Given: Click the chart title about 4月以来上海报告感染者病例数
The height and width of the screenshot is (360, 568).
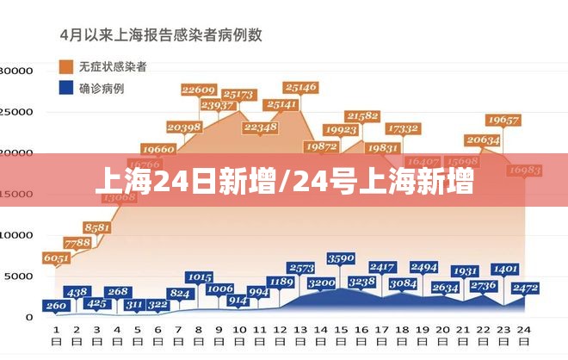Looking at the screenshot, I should pos(161,35).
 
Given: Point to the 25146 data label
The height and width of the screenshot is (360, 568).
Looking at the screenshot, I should pos(300,87).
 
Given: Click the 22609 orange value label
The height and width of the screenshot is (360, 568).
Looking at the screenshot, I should pos(199,90).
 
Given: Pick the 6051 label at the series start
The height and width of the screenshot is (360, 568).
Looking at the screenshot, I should pos(56,257).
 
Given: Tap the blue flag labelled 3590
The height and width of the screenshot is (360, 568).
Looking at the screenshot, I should pos(341,258).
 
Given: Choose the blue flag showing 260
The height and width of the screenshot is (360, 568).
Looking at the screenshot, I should pos(56,305).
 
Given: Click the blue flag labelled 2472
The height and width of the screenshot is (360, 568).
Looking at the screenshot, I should pos(524,287).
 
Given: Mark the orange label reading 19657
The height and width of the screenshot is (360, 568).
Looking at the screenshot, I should pos(503,120).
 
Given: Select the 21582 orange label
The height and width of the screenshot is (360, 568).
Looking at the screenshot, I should pos(362,115).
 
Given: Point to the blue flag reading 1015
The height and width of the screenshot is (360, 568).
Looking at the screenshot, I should pos(199,276).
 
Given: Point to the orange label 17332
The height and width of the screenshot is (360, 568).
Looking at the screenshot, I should pos(404,128).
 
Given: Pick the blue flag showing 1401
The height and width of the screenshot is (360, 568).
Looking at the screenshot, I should pos(505,269).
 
